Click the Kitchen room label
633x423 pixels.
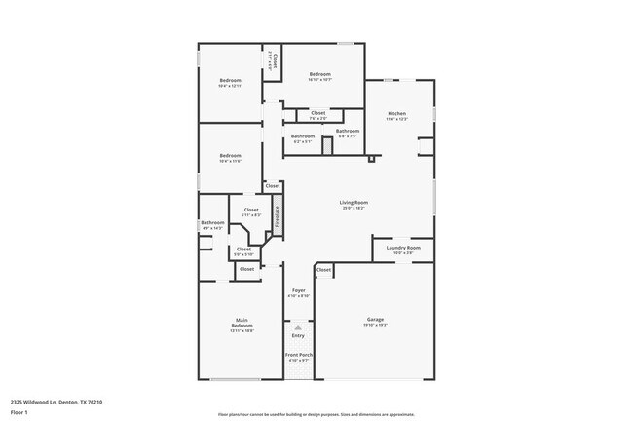[397, 114]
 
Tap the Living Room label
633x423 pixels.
[354, 203]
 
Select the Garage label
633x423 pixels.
[375, 319]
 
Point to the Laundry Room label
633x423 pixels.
[403, 248]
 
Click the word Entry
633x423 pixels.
[298, 336]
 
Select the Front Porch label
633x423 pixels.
[298, 355]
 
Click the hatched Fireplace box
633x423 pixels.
[277, 215]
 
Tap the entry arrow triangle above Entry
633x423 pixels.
[298, 327]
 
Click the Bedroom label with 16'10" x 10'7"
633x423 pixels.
[320, 74]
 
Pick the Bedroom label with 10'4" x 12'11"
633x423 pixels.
[230, 80]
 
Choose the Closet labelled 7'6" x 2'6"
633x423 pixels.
[318, 113]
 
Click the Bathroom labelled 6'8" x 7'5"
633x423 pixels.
[348, 131]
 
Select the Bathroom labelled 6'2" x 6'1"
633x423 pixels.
[302, 136]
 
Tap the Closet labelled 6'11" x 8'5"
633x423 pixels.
[251, 210]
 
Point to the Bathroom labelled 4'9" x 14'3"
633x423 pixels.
[212, 223]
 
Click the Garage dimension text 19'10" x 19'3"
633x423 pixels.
[375, 325]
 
